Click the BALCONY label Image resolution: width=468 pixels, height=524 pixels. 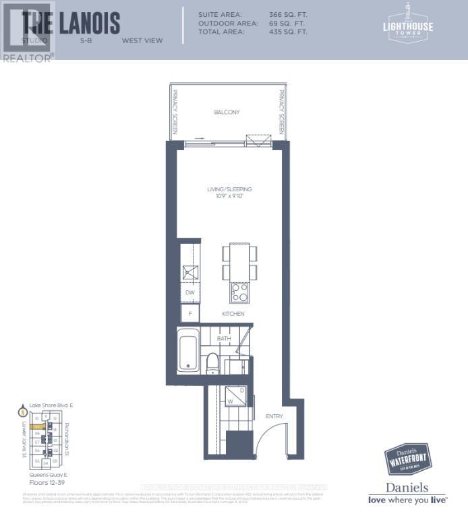(227, 112)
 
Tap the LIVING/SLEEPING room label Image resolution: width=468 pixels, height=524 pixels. (229, 190)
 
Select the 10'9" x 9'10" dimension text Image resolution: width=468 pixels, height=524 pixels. (229, 197)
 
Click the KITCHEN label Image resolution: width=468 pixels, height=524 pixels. (233, 314)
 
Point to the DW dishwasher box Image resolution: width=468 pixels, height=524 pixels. (190, 292)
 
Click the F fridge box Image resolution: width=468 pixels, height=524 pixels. (190, 313)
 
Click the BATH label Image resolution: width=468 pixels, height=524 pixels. (224, 339)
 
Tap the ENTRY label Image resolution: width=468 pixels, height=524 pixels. (274, 416)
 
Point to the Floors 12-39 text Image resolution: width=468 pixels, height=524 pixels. (41, 483)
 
